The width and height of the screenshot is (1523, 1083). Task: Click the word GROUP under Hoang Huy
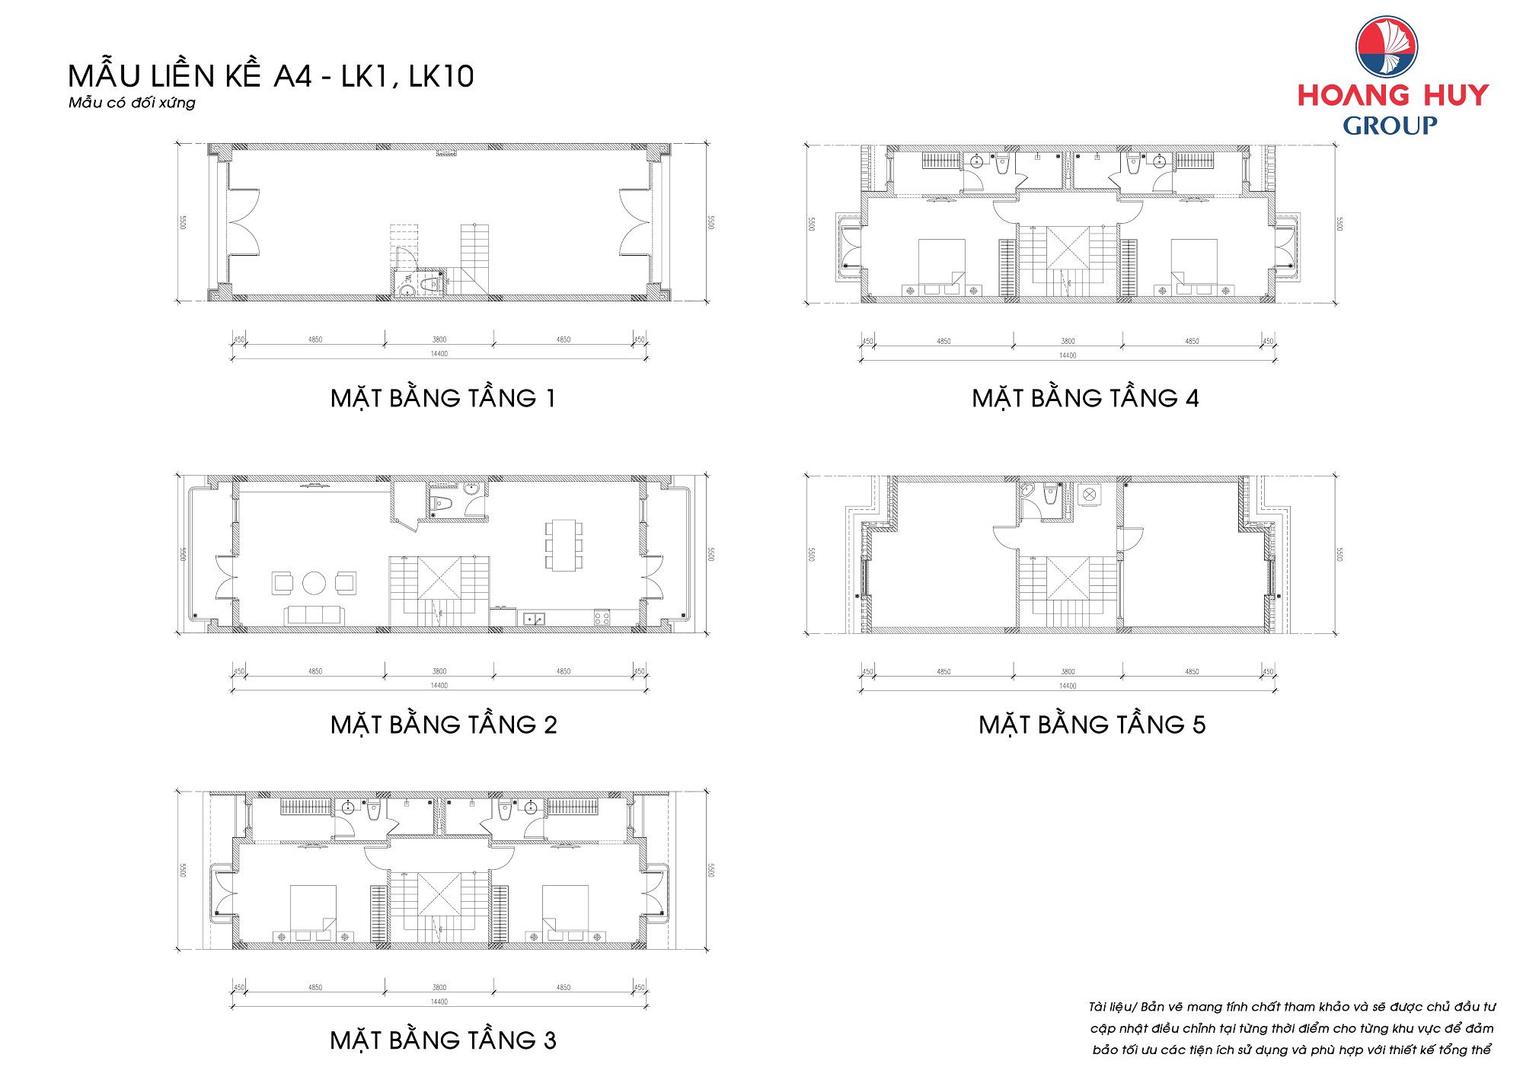tap(1390, 126)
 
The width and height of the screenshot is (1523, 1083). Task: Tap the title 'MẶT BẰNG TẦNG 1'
tap(443, 398)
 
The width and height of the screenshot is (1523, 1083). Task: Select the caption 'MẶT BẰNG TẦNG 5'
tap(1092, 725)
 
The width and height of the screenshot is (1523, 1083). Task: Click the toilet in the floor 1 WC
tap(431, 284)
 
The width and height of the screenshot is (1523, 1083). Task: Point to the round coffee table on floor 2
tap(314, 583)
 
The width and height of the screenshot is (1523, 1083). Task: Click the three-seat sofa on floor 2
tap(314, 615)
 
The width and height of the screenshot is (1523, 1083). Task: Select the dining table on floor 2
tap(564, 545)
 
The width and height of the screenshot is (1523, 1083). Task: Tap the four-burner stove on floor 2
tap(602, 618)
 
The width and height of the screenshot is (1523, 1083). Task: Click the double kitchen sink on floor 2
tap(534, 619)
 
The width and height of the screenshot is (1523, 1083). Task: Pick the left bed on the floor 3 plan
tap(313, 907)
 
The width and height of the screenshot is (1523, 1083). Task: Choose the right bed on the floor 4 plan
tap(1193, 262)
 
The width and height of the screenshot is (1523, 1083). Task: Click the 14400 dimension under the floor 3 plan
tap(439, 1002)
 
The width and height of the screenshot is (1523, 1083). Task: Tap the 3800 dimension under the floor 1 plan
tap(439, 339)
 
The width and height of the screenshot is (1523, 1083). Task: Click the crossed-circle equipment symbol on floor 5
tap(1089, 495)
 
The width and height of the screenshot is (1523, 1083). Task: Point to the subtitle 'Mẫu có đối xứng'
tap(132, 103)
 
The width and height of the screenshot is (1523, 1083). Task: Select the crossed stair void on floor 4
tap(1068, 247)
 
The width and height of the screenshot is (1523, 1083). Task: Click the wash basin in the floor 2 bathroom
tap(472, 489)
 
